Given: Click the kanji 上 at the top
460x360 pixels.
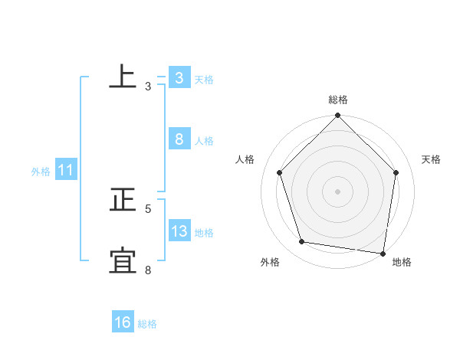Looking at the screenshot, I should (x=123, y=77).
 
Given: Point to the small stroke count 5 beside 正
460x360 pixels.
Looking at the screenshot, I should (x=148, y=208).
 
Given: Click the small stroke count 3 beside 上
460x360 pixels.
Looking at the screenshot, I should (x=148, y=87).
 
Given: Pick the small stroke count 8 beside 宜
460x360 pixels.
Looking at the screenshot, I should (x=148, y=270).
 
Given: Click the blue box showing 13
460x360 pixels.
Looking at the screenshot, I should (x=179, y=231).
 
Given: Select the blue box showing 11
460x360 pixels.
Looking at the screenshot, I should (x=65, y=171).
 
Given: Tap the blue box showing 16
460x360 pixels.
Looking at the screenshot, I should (x=123, y=322).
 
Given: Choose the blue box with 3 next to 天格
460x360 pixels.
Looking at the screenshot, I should (x=179, y=78).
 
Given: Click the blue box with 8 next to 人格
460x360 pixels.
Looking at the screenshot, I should (x=179, y=139).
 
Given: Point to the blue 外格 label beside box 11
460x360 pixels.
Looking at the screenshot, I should (x=41, y=172).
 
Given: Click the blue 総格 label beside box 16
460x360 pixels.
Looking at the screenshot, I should (x=147, y=324).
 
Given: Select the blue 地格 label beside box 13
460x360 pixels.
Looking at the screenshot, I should (x=204, y=233).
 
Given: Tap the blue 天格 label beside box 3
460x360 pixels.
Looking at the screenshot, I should (x=204, y=80).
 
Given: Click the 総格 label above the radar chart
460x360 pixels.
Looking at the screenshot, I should (x=338, y=100).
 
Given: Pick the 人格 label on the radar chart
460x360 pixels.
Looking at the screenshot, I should (x=245, y=159).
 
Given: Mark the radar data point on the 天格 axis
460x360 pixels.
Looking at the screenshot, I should (x=396, y=172).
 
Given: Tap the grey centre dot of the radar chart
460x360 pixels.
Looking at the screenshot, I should (x=338, y=191).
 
